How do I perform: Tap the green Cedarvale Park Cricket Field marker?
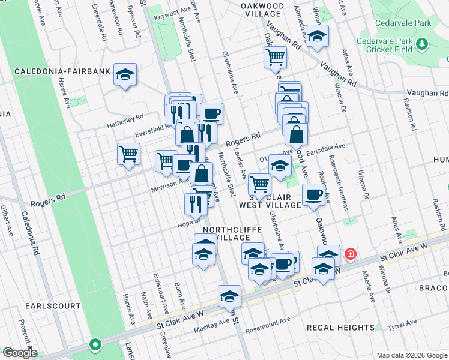[422, 43]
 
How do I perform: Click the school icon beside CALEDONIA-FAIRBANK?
[125, 75]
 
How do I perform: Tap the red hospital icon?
[349, 256]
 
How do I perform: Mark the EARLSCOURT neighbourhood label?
[53, 305]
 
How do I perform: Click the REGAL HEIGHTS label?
[340, 328]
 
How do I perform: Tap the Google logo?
[19, 353]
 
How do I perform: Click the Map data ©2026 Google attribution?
[411, 355]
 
